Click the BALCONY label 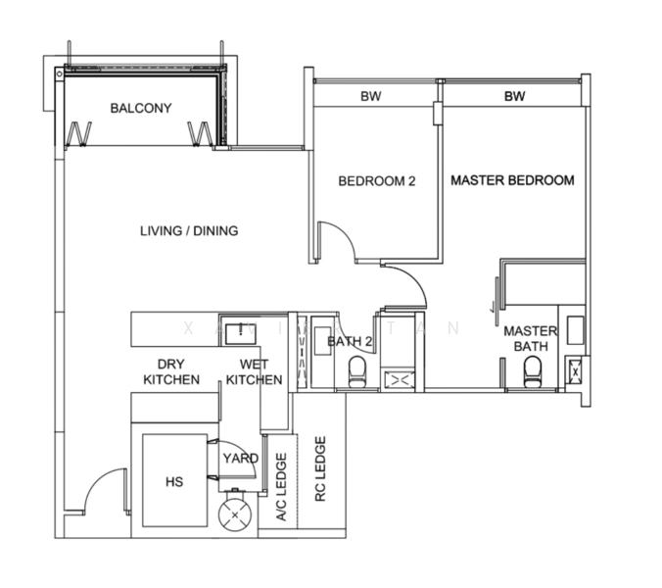tap(140, 108)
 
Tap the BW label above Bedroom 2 tap(370, 96)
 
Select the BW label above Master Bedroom tap(515, 96)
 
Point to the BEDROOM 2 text tap(377, 181)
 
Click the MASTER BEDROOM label tap(512, 180)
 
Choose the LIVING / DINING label tap(189, 231)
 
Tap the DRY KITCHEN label tap(171, 371)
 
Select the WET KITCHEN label tap(254, 371)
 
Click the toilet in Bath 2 tap(356, 370)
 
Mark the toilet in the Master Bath tap(533, 370)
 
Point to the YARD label tap(240, 458)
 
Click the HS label tap(173, 482)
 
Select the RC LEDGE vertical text tap(319, 469)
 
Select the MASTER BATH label tap(530, 339)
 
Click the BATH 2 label tap(350, 341)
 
